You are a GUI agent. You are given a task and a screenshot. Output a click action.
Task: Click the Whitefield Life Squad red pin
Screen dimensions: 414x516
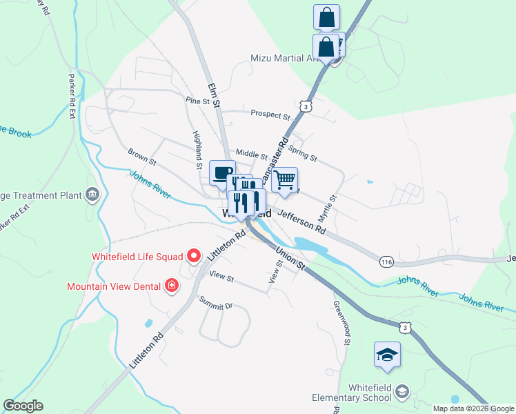coord(194,257)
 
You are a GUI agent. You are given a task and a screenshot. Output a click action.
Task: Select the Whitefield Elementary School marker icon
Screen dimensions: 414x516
coord(401,393)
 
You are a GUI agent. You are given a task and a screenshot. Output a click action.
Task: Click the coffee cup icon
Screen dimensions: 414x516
coord(222,172)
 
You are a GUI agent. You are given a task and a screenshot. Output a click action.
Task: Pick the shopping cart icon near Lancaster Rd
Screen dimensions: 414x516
coord(284,180)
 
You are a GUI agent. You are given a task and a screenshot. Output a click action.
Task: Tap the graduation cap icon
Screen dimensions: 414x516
coord(387,354)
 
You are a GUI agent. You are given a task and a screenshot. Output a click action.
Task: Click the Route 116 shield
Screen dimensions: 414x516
coord(386,261)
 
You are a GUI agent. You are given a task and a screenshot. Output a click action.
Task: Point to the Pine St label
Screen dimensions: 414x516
coord(197,101)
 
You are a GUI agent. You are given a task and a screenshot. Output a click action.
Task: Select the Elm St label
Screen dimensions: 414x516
coord(213,95)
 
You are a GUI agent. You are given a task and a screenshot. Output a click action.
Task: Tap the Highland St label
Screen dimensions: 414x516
coord(198,144)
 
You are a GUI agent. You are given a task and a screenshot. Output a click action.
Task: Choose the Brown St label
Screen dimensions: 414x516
coord(142,156)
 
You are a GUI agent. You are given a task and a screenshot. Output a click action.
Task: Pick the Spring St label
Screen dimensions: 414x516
coord(302,153)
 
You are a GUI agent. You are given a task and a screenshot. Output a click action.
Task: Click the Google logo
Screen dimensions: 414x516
coord(23,406)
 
